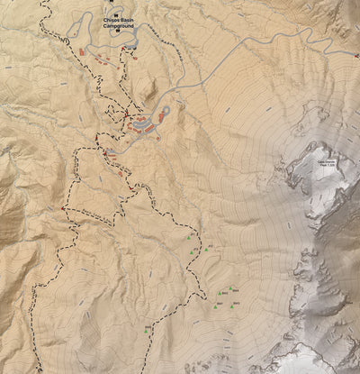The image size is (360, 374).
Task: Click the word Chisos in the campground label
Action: (x=110, y=19)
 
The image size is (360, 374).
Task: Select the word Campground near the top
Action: (x=119, y=26)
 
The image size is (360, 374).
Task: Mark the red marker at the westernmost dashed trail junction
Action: (x=63, y=208)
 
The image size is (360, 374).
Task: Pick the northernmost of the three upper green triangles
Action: (x=189, y=236)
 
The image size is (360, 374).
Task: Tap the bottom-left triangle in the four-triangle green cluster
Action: (x=218, y=306)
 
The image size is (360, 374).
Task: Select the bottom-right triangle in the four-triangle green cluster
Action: (x=236, y=306)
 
